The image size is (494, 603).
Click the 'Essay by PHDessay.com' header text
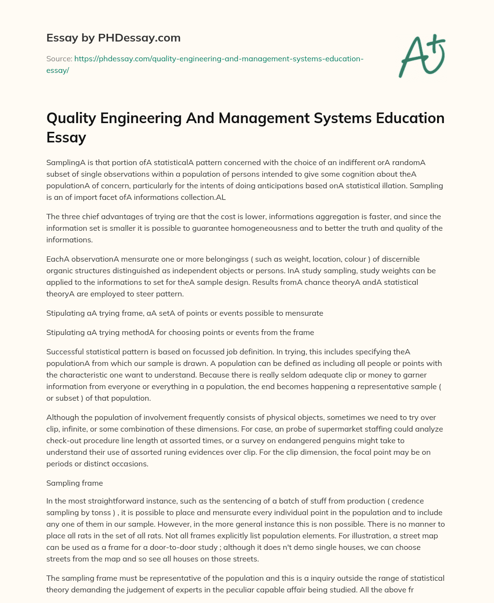[113, 37]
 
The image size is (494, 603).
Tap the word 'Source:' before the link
[59, 59]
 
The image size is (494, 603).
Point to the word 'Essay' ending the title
[66, 137]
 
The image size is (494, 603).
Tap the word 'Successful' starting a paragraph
[65, 351]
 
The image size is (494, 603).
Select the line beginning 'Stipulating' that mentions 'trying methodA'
[180, 332]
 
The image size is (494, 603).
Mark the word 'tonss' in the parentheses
[123, 512]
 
